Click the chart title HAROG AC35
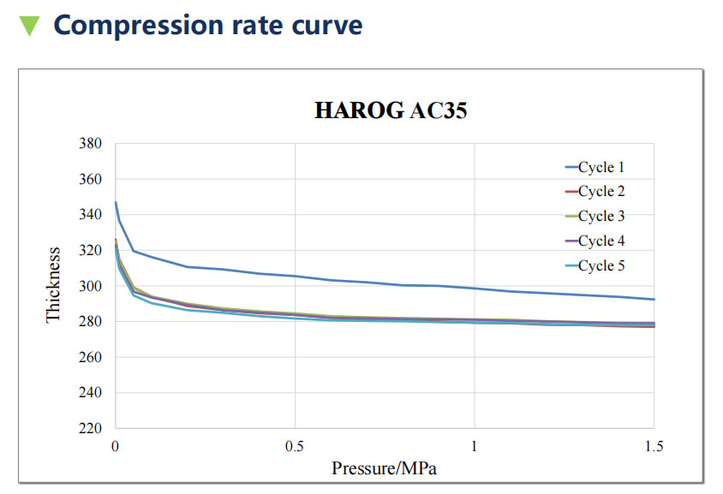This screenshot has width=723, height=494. click(390, 110)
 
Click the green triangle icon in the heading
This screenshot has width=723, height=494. click(29, 26)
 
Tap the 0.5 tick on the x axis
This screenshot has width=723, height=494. click(295, 446)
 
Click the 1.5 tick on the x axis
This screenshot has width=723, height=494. click(653, 446)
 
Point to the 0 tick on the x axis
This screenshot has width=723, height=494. click(116, 446)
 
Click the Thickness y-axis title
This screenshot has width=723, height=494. click(54, 285)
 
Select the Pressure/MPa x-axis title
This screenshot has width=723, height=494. click(384, 468)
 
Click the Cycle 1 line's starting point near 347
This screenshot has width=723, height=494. click(116, 203)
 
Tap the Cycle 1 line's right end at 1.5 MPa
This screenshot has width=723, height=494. click(654, 299)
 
